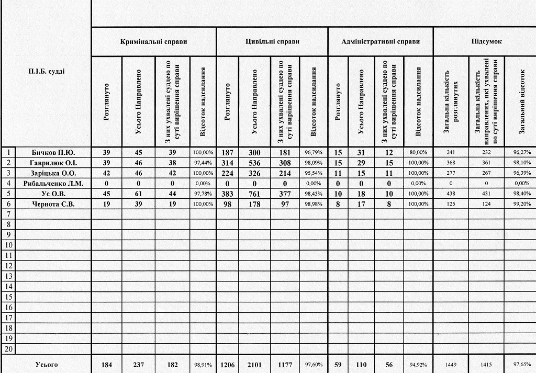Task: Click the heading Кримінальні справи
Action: coord(153,41)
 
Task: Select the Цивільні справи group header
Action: coord(272,41)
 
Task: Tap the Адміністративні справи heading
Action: coord(380,41)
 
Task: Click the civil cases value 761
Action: coord(254,194)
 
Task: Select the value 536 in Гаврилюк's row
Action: coord(254,163)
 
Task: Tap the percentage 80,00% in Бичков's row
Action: coord(419,152)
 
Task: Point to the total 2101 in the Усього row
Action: coord(254,365)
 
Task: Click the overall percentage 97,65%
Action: coord(520,365)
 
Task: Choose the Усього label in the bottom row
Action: coord(46,365)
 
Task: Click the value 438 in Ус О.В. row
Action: coord(450,194)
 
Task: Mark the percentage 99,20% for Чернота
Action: coord(520,204)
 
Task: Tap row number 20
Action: coord(9,349)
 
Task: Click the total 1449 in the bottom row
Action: coord(450,365)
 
